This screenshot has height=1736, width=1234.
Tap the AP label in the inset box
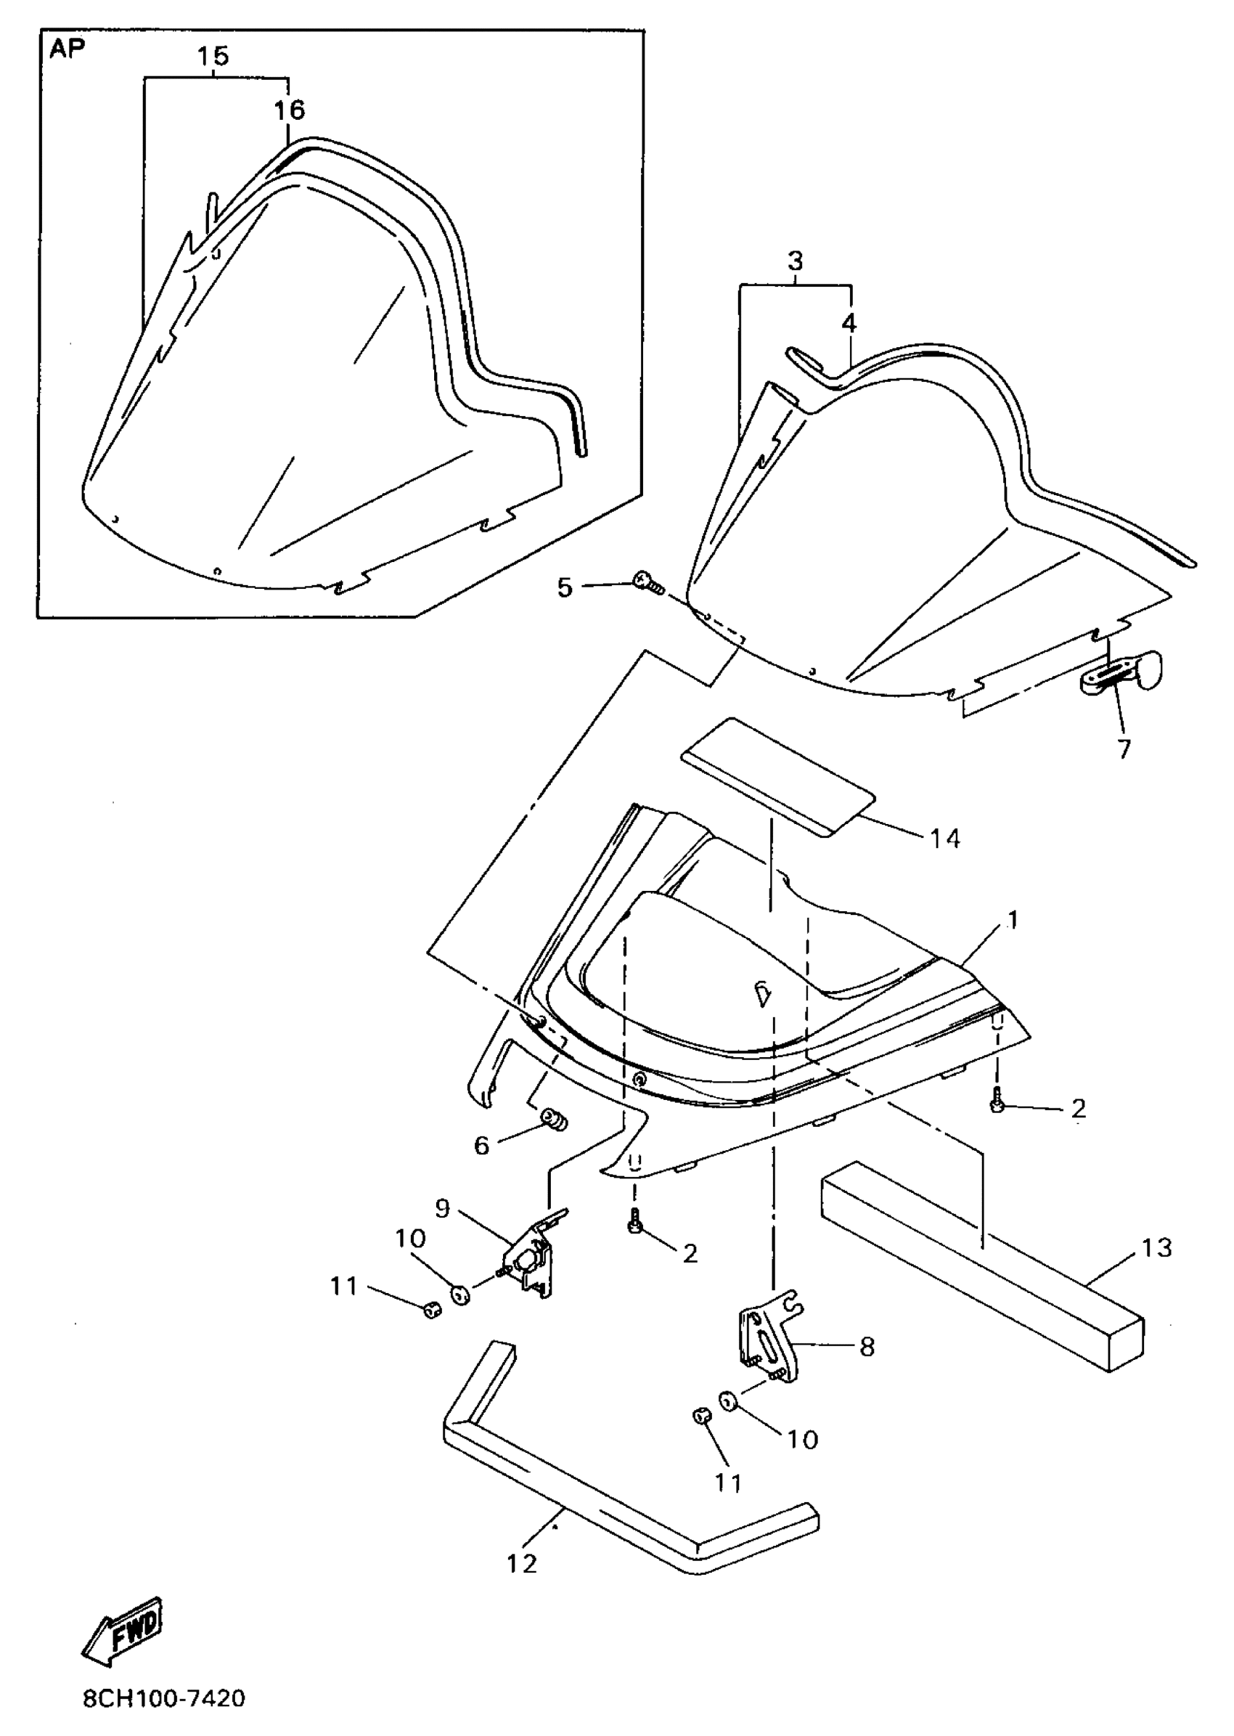point(68,49)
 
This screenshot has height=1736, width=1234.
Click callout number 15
point(213,56)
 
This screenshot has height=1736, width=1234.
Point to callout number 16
point(290,110)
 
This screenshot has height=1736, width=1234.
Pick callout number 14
point(945,839)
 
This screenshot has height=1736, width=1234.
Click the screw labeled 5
point(647,584)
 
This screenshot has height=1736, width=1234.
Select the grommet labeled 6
point(554,1120)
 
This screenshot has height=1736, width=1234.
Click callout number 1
point(1012,920)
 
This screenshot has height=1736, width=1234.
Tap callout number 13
point(1156,1248)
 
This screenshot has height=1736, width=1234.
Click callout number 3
point(795,261)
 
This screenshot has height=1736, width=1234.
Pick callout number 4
point(849,323)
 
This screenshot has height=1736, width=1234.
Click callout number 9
point(443,1207)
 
